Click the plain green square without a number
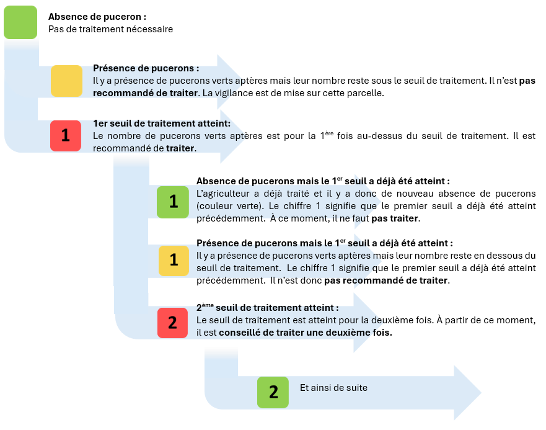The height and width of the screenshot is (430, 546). click(20, 23)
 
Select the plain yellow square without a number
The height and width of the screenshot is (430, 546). click(66, 81)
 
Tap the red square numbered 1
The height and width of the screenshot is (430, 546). click(66, 135)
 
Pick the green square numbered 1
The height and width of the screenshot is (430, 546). click(173, 202)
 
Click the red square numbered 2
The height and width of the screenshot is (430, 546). click(172, 323)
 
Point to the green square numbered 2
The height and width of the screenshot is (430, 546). click(273, 392)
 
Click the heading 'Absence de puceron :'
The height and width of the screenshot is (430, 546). click(97, 17)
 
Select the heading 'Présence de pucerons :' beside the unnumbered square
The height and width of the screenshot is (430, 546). click(146, 69)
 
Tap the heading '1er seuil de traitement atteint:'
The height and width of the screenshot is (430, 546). click(161, 123)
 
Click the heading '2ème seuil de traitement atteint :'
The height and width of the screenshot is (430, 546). click(267, 307)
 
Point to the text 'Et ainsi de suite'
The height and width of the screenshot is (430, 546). click(333, 388)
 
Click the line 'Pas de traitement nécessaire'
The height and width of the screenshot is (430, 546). click(110, 29)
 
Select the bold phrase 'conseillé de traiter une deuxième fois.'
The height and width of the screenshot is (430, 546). click(306, 332)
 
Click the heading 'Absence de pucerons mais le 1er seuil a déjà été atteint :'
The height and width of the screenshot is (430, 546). click(322, 181)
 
